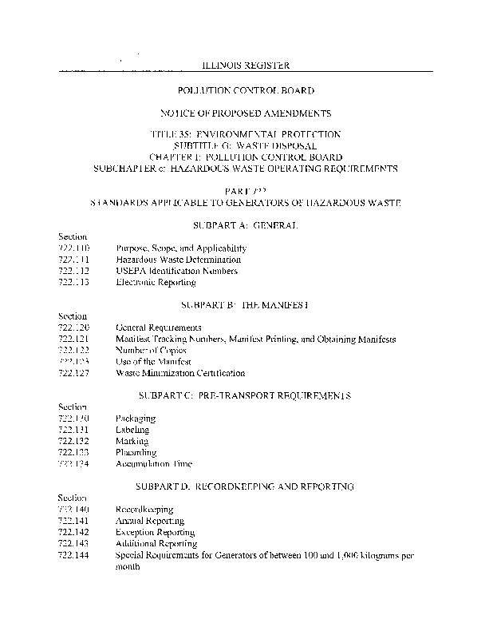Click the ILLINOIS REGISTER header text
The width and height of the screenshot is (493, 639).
pos(244,65)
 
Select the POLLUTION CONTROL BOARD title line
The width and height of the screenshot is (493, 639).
pos(246,92)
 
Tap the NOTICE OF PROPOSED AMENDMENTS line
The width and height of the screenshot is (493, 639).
pos(246,114)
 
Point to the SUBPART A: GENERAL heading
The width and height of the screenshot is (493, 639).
pos(246,226)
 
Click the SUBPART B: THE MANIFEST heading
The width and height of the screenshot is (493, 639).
pos(246,305)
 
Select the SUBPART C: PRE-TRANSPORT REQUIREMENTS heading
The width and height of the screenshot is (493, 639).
pos(246,395)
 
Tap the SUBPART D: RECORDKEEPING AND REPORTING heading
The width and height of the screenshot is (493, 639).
pos(246,486)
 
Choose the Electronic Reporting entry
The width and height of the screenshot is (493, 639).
pos(156,282)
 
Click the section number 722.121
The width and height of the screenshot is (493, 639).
pos(73,339)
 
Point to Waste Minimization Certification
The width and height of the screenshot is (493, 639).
pos(180,373)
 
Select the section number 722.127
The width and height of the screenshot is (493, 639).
pos(73,373)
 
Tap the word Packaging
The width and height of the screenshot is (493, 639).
pos(136,419)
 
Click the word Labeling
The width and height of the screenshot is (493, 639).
pos(132,430)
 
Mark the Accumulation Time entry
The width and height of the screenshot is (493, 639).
pos(154,463)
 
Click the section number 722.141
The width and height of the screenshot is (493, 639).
pos(73,521)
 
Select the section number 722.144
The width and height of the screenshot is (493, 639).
pos(73,554)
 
